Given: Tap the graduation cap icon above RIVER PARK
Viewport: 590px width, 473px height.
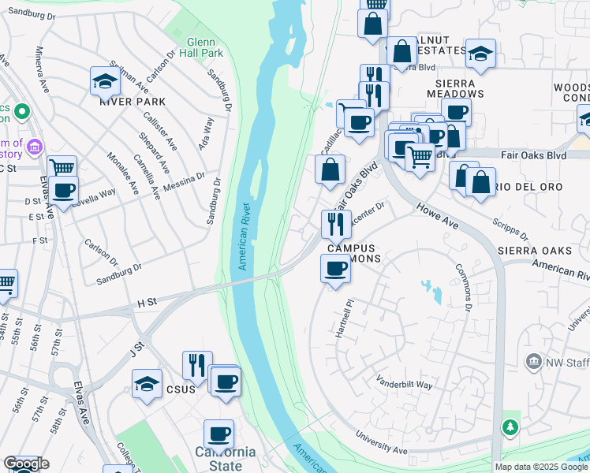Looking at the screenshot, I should tap(105, 80).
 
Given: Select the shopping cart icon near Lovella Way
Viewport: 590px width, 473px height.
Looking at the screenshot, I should tap(62, 169).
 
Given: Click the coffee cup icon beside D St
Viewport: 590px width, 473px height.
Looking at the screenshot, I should tap(63, 190).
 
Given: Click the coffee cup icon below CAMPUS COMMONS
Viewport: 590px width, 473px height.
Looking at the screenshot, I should tap(335, 270).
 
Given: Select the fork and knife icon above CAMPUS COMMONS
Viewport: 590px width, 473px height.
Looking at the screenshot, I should tap(336, 224).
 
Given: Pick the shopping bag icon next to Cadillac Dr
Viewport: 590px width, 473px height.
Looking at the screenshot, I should tap(330, 169).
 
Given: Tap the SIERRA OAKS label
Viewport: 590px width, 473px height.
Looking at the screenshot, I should tap(533, 251).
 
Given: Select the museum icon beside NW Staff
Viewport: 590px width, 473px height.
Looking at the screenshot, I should tap(533, 361).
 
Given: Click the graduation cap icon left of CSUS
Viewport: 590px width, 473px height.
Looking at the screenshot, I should tap(147, 385).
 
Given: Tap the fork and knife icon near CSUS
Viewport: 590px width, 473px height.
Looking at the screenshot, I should tap(197, 365).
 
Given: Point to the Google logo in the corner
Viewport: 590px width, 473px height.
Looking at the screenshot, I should tap(26, 464).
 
